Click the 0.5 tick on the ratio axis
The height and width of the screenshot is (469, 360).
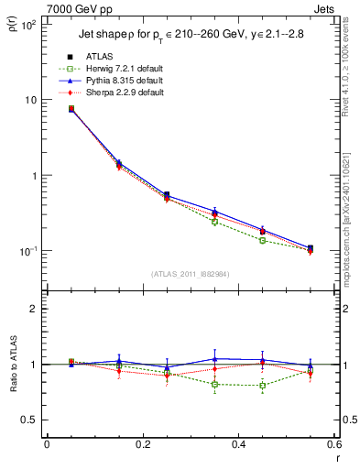click(32, 420)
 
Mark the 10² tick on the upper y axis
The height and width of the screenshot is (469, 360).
click(30, 25)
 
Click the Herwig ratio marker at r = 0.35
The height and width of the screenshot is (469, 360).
click(214, 384)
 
